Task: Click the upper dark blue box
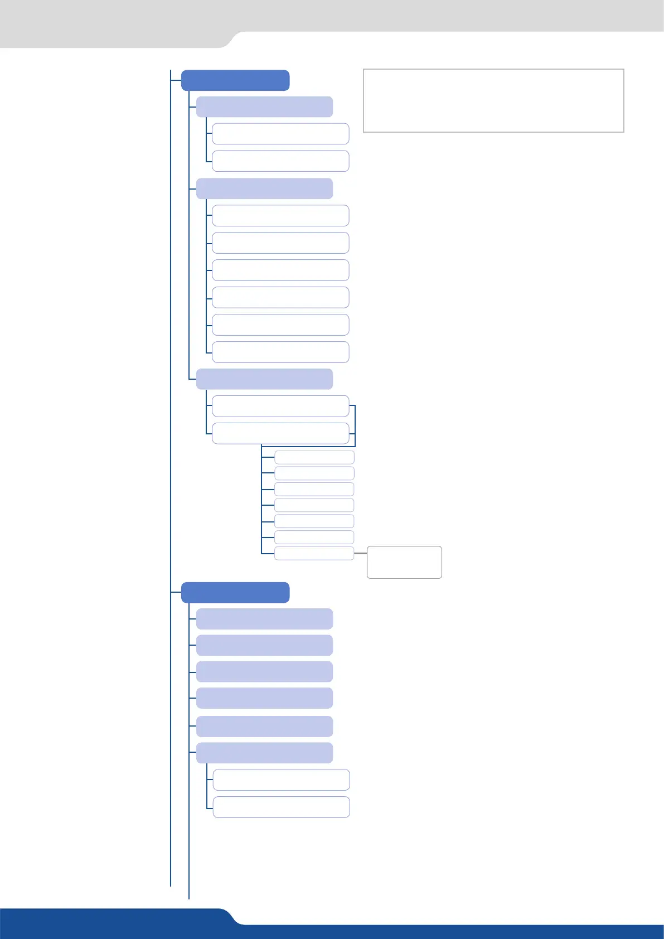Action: (x=235, y=80)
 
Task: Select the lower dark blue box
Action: (x=235, y=592)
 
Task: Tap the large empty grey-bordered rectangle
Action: (x=493, y=100)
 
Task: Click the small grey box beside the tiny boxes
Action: (x=404, y=562)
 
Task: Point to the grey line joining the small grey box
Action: (x=360, y=553)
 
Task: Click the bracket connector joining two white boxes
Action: (x=355, y=426)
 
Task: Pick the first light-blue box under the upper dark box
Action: (x=264, y=107)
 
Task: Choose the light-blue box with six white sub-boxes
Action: (x=264, y=188)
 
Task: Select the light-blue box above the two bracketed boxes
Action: (x=264, y=379)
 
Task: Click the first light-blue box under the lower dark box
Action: (x=264, y=618)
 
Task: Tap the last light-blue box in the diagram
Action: (x=264, y=752)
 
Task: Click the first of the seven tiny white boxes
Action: (x=314, y=457)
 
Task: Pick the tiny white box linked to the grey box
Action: (x=314, y=553)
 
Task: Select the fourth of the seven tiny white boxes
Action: (x=314, y=505)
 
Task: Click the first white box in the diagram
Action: (x=280, y=134)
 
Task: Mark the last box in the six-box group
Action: (x=280, y=352)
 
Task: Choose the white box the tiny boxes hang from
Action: (x=280, y=433)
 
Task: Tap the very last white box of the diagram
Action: (x=281, y=807)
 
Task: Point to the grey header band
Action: (x=335, y=16)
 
